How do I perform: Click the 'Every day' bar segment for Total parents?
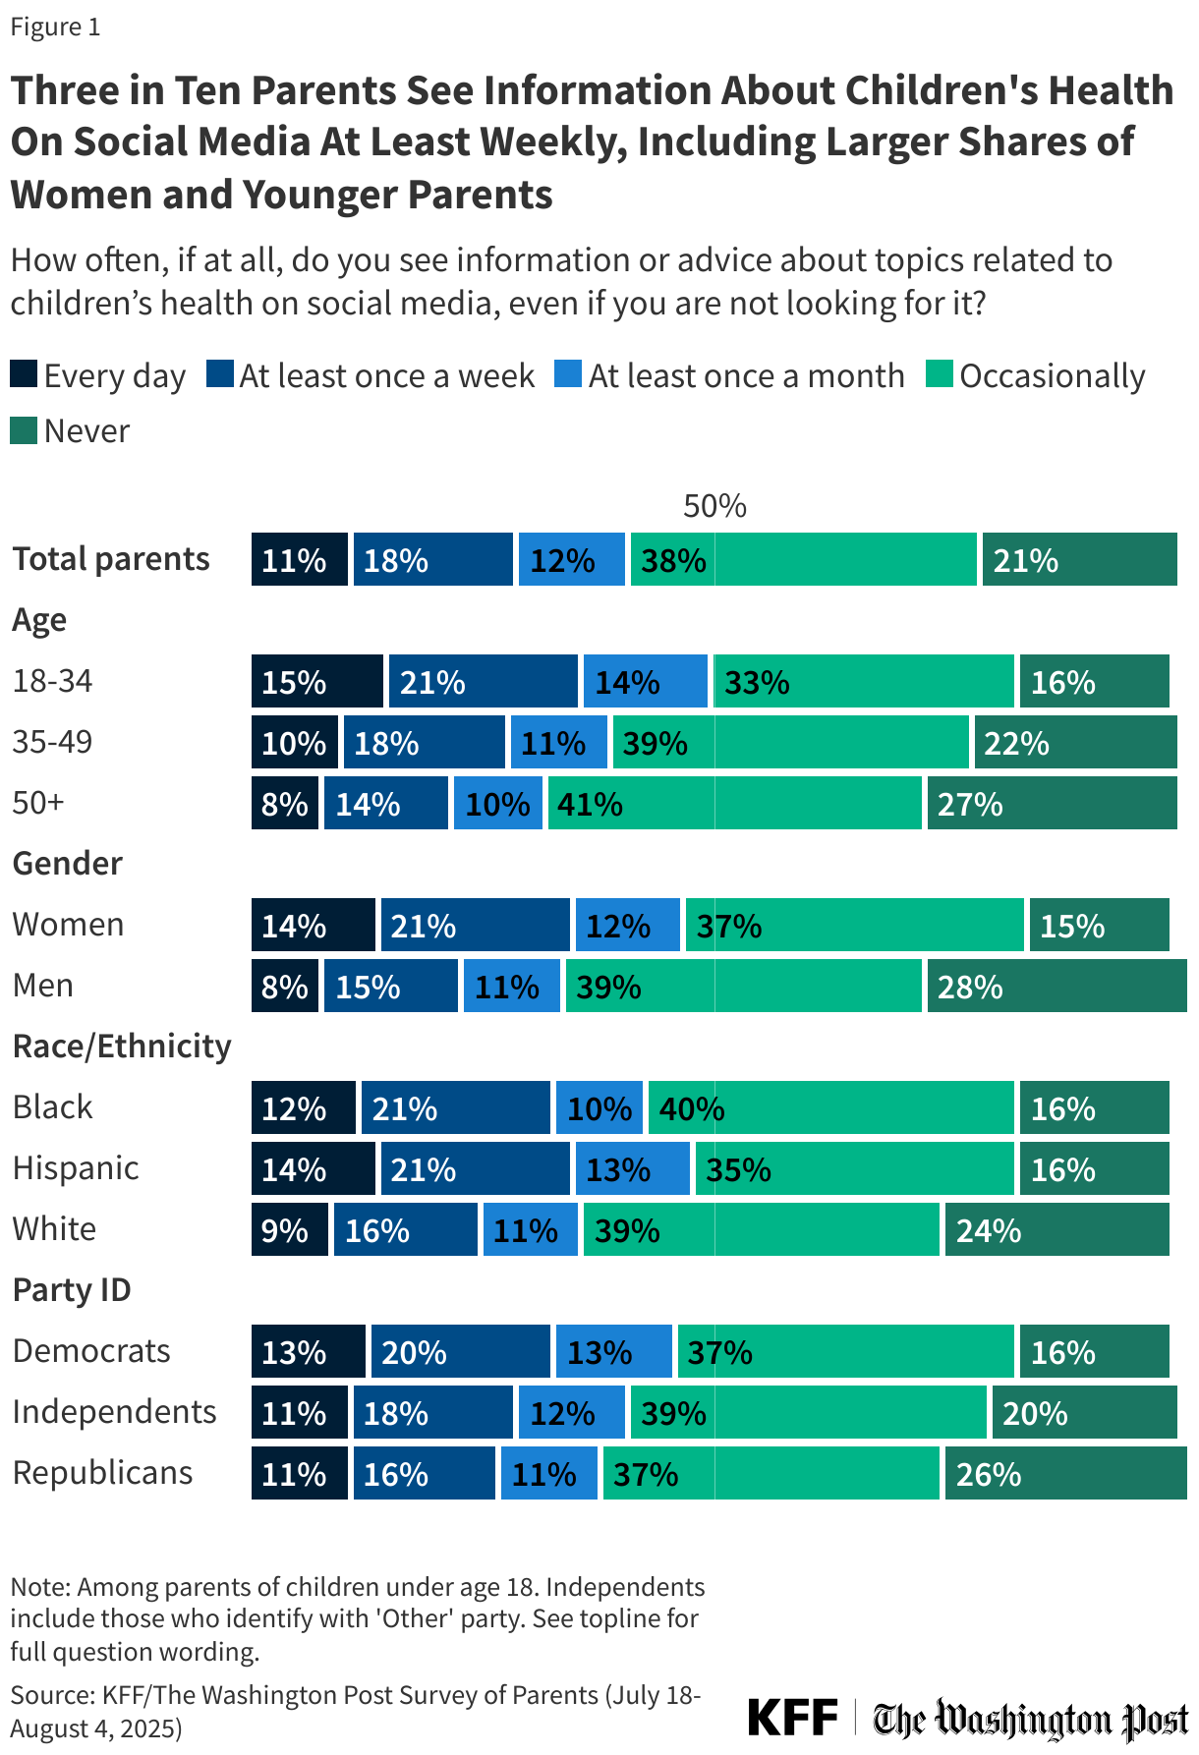pyautogui.click(x=299, y=559)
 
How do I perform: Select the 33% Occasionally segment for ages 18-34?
pyautogui.click(x=863, y=681)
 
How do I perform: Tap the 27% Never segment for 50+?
pyautogui.click(x=1052, y=803)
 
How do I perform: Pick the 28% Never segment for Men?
pyautogui.click(x=1056, y=986)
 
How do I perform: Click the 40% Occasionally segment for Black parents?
pyautogui.click(x=830, y=1107)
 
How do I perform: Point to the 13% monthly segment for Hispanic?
pyautogui.click(x=632, y=1168)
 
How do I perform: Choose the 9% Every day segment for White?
pyautogui.click(x=289, y=1229)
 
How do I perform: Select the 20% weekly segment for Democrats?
pyautogui.click(x=460, y=1351)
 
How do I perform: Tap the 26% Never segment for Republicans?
pyautogui.click(x=1065, y=1473)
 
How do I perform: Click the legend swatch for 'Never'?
pyautogui.click(x=24, y=430)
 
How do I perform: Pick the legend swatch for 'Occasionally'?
pyautogui.click(x=939, y=374)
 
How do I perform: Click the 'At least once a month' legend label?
pyautogui.click(x=746, y=375)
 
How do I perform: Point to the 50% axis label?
pyautogui.click(x=714, y=506)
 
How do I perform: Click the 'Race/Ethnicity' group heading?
pyautogui.click(x=121, y=1046)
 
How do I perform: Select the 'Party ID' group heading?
pyautogui.click(x=71, y=1289)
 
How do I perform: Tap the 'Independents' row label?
pyautogui.click(x=114, y=1411)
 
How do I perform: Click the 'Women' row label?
pyautogui.click(x=68, y=924)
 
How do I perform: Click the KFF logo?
pyautogui.click(x=792, y=1717)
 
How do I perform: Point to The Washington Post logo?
pyautogui.click(x=1030, y=1718)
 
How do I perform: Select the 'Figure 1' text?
pyautogui.click(x=55, y=27)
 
